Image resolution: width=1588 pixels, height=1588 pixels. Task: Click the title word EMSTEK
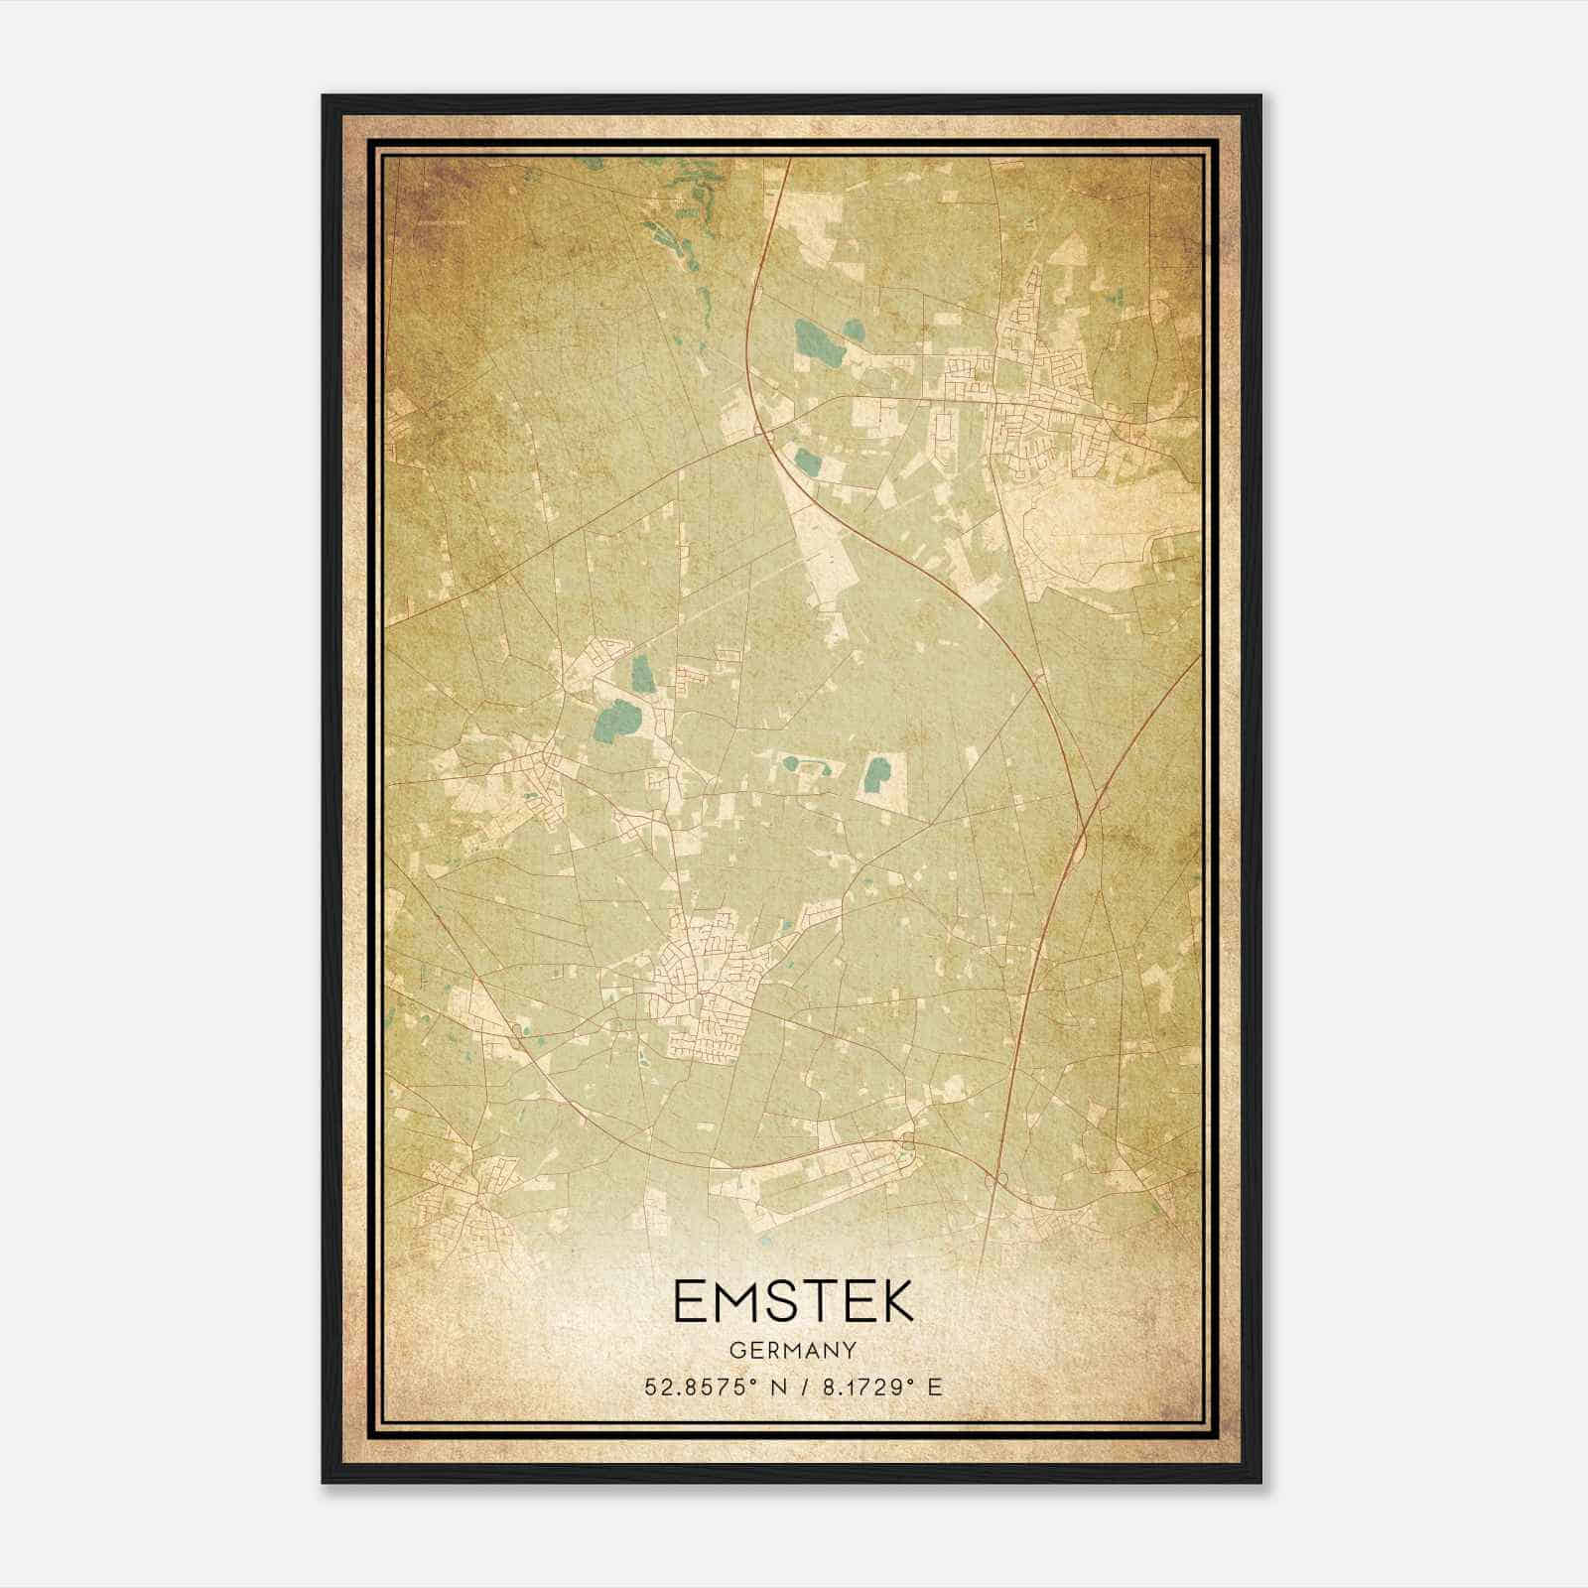793,1301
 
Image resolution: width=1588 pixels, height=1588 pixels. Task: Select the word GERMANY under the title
793,1350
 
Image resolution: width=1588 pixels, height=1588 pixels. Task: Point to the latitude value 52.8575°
702,1388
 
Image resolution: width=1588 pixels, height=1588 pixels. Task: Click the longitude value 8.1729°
860,1388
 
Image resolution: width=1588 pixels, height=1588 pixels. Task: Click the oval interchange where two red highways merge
1082,844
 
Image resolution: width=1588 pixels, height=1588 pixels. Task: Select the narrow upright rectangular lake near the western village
642,675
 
